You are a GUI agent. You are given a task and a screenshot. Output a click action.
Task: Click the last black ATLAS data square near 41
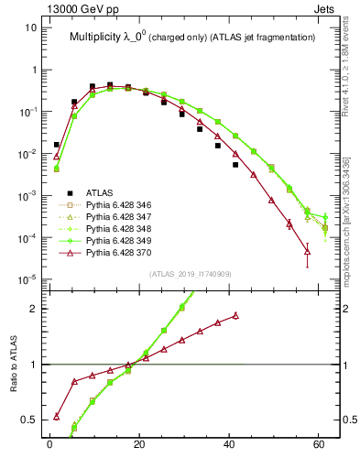(235, 165)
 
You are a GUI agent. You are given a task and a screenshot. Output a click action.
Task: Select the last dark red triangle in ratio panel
(235, 315)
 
